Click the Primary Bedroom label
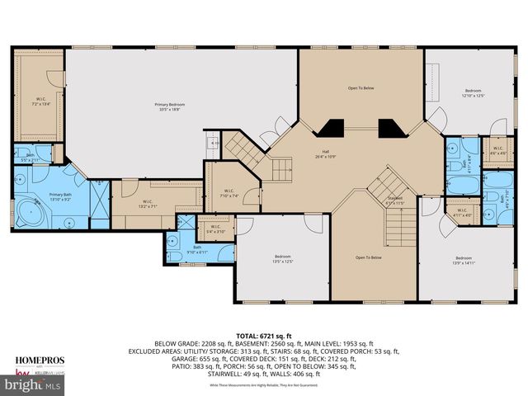pos(169,106)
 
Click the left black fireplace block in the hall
pos(332,128)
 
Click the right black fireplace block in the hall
pos(389,128)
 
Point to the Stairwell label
pos(395,200)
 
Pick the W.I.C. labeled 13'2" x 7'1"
pos(147,203)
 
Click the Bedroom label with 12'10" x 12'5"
pos(472,92)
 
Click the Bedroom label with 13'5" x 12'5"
pos(283,258)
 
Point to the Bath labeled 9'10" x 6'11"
pos(197,248)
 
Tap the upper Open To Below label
pos(362,87)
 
